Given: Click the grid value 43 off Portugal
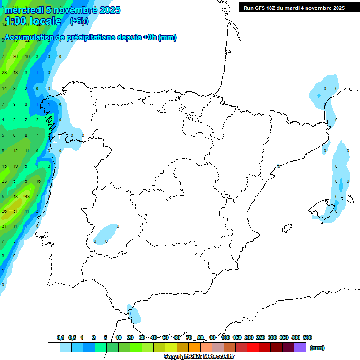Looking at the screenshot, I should [x=27, y=196].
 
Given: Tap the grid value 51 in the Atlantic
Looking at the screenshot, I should [x=15, y=211].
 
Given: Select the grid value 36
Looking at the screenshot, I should [x=15, y=57].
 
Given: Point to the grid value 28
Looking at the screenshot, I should [x=4, y=73].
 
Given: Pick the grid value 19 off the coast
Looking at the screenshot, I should [x=15, y=166].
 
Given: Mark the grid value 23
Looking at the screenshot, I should [x=4, y=181].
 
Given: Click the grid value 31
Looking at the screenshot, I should [x=4, y=226].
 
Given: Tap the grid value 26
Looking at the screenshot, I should [x=4, y=211].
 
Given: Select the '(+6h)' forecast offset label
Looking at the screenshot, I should [x=79, y=21].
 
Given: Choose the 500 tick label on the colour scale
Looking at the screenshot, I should [x=307, y=337].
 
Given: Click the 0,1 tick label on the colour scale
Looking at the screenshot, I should [x=60, y=337].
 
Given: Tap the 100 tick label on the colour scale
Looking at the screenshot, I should [x=225, y=337].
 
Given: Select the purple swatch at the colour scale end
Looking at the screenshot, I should [x=300, y=347].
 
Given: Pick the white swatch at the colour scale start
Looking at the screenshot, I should [x=53, y=347].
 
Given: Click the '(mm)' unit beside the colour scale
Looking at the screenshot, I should [x=317, y=348].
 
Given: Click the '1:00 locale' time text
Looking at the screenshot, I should [x=33, y=21].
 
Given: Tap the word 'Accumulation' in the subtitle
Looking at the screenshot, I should [x=29, y=38].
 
